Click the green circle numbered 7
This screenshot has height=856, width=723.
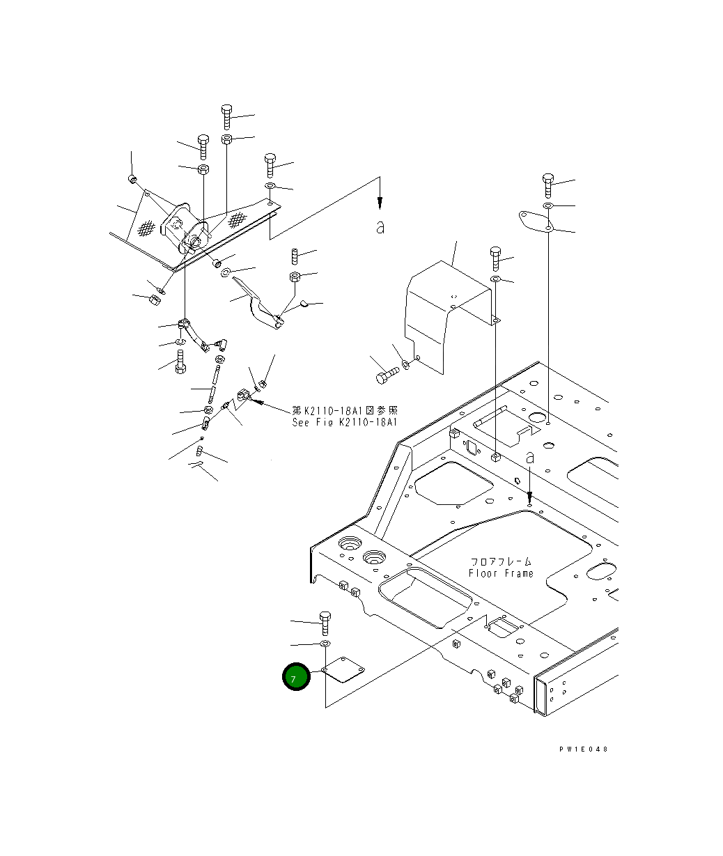click(296, 676)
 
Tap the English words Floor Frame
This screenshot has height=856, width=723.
click(501, 573)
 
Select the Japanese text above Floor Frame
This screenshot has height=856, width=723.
click(501, 561)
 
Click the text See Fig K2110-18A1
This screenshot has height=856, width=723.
click(345, 422)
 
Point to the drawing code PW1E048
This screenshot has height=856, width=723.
click(583, 749)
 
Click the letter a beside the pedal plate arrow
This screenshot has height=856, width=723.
click(380, 226)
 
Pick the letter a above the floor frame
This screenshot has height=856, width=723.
click(530, 458)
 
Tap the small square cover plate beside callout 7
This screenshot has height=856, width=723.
click(343, 669)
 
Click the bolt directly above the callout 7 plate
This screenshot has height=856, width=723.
click(325, 623)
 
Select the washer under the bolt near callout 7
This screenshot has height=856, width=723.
click(325, 644)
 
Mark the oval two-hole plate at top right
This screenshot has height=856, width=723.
click(536, 221)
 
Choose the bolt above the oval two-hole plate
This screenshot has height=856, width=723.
click(548, 185)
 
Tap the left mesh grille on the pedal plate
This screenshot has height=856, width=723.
click(146, 228)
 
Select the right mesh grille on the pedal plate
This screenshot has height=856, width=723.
click(238, 219)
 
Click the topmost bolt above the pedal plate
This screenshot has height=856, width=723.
click(226, 117)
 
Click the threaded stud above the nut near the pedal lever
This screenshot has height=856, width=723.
click(294, 256)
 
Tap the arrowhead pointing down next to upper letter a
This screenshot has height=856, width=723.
click(380, 201)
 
